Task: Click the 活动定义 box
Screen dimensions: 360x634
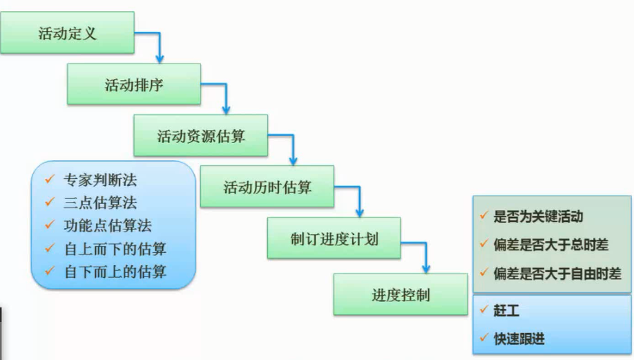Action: pos(67,32)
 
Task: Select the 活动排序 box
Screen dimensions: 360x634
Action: pos(133,84)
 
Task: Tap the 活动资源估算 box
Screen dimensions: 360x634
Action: pos(200,136)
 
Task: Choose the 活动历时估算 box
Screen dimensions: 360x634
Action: pos(267,187)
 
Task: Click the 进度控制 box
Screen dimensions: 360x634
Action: pos(401,294)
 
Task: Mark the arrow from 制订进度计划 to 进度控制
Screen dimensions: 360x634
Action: pos(425,255)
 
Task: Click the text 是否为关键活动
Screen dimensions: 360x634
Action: pos(538,217)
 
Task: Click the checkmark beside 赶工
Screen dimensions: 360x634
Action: pos(483,310)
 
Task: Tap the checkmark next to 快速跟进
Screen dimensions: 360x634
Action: pos(483,339)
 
